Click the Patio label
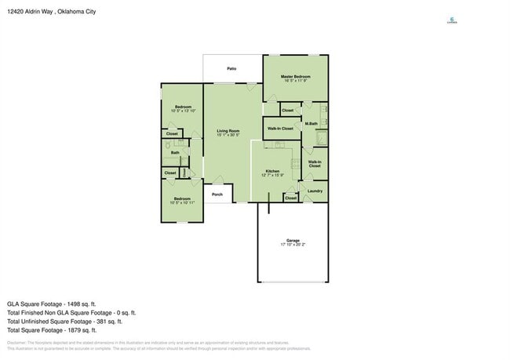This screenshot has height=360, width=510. point(232,69)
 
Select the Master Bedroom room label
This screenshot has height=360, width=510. point(296,75)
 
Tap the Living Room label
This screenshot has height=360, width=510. point(228,131)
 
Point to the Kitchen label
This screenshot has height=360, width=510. point(272,171)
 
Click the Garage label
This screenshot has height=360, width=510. point(293,241)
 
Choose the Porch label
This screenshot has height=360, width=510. point(217,195)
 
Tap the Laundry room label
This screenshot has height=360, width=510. point(315,191)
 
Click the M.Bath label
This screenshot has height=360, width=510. point(311,124)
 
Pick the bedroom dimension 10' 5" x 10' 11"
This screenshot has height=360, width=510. point(182,202)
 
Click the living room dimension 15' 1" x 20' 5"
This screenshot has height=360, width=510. point(228,135)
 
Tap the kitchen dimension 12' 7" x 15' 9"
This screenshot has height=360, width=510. point(272,175)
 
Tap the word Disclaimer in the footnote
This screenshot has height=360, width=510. point(16,343)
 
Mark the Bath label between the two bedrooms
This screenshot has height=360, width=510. point(175,153)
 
